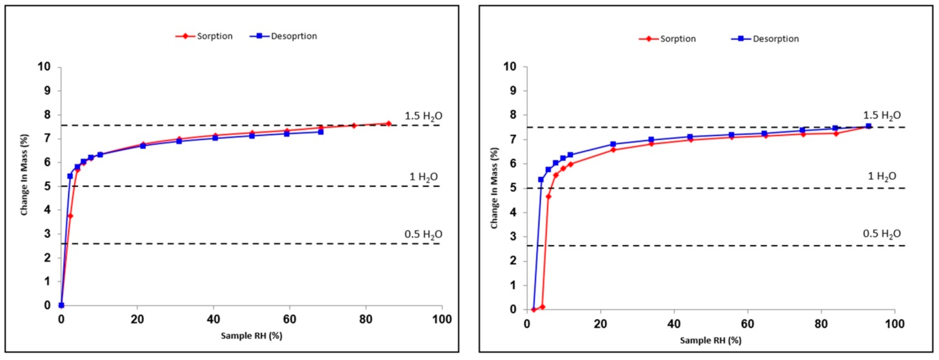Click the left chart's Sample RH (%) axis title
coord(252,336)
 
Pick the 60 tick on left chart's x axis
coord(289,319)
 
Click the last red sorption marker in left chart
coord(389,124)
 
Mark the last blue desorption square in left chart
coord(321,132)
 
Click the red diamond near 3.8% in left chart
coord(70,216)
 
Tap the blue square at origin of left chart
coord(61,305)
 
